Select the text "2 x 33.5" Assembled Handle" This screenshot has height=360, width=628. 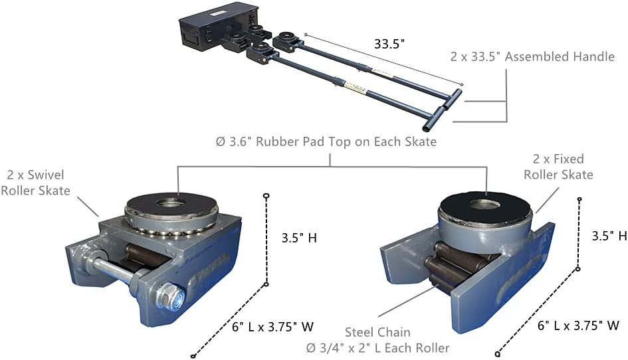point(532,56)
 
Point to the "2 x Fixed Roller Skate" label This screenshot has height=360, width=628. point(558,167)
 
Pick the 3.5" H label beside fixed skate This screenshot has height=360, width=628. point(609,235)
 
